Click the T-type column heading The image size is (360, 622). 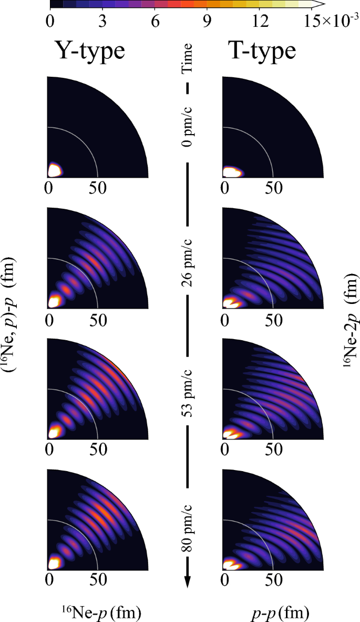[262, 51]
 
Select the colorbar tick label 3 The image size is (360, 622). [102, 22]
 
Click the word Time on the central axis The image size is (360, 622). [187, 58]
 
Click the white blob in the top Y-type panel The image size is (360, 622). [55, 170]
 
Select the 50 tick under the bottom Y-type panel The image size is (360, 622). [98, 579]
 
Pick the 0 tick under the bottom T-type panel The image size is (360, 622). [225, 580]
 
